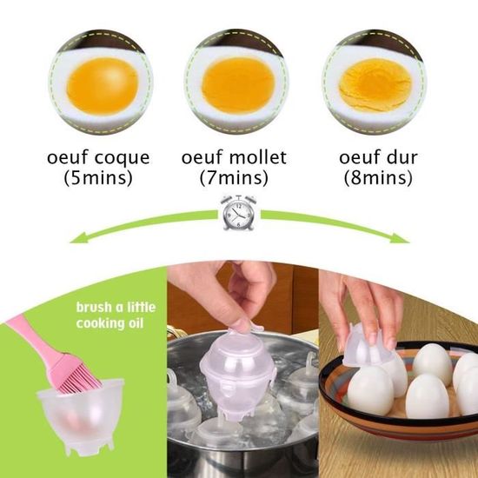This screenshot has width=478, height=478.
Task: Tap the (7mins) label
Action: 238,180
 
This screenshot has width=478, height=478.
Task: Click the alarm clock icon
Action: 238,212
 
